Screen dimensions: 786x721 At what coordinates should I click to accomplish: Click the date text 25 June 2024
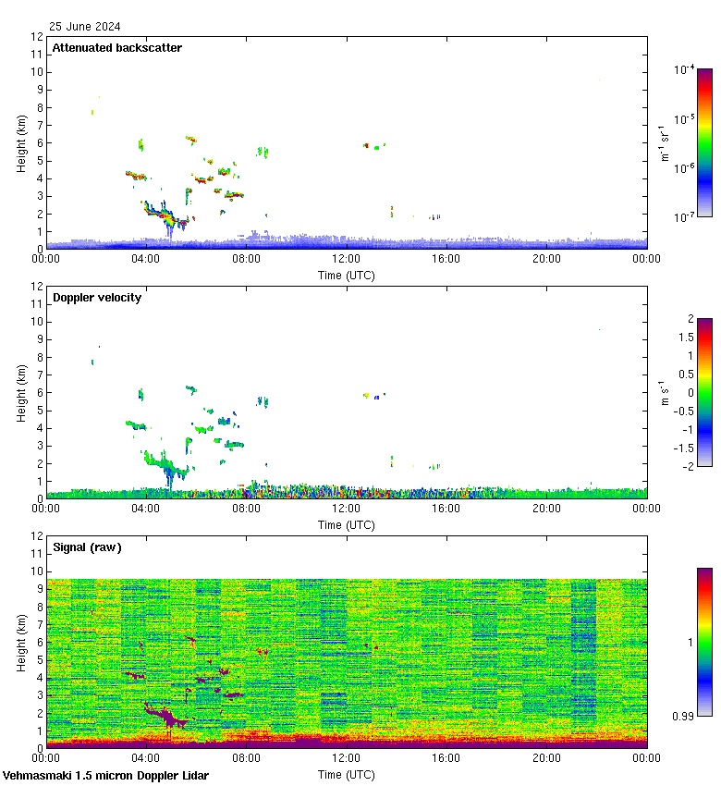(x=85, y=27)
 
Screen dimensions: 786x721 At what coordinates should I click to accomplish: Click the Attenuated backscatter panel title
(x=116, y=48)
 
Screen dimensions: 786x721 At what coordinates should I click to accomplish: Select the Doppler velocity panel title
(x=97, y=298)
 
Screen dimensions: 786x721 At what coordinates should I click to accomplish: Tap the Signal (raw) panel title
(x=87, y=547)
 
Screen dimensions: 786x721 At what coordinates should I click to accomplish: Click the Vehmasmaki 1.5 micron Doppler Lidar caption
(x=105, y=776)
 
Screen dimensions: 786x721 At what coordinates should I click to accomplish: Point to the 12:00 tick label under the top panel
(x=346, y=259)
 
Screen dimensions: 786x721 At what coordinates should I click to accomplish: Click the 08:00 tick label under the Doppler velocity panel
(x=246, y=509)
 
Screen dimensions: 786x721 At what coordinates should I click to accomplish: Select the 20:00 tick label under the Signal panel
(x=546, y=758)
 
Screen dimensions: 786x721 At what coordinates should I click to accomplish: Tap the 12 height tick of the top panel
(x=38, y=37)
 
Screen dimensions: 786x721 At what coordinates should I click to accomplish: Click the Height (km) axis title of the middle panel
(x=21, y=393)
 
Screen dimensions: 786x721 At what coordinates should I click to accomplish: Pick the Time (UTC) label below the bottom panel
(x=347, y=774)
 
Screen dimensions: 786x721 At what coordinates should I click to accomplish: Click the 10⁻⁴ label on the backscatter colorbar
(x=685, y=70)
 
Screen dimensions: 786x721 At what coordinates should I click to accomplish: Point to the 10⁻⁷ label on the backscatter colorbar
(x=685, y=217)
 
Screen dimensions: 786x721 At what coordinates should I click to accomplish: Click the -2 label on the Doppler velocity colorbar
(x=686, y=466)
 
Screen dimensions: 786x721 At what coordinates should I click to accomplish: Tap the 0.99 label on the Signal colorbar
(x=682, y=716)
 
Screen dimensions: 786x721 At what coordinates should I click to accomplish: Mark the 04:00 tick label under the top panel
(x=146, y=259)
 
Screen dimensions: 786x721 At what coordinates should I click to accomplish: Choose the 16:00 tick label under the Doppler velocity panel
(x=446, y=509)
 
